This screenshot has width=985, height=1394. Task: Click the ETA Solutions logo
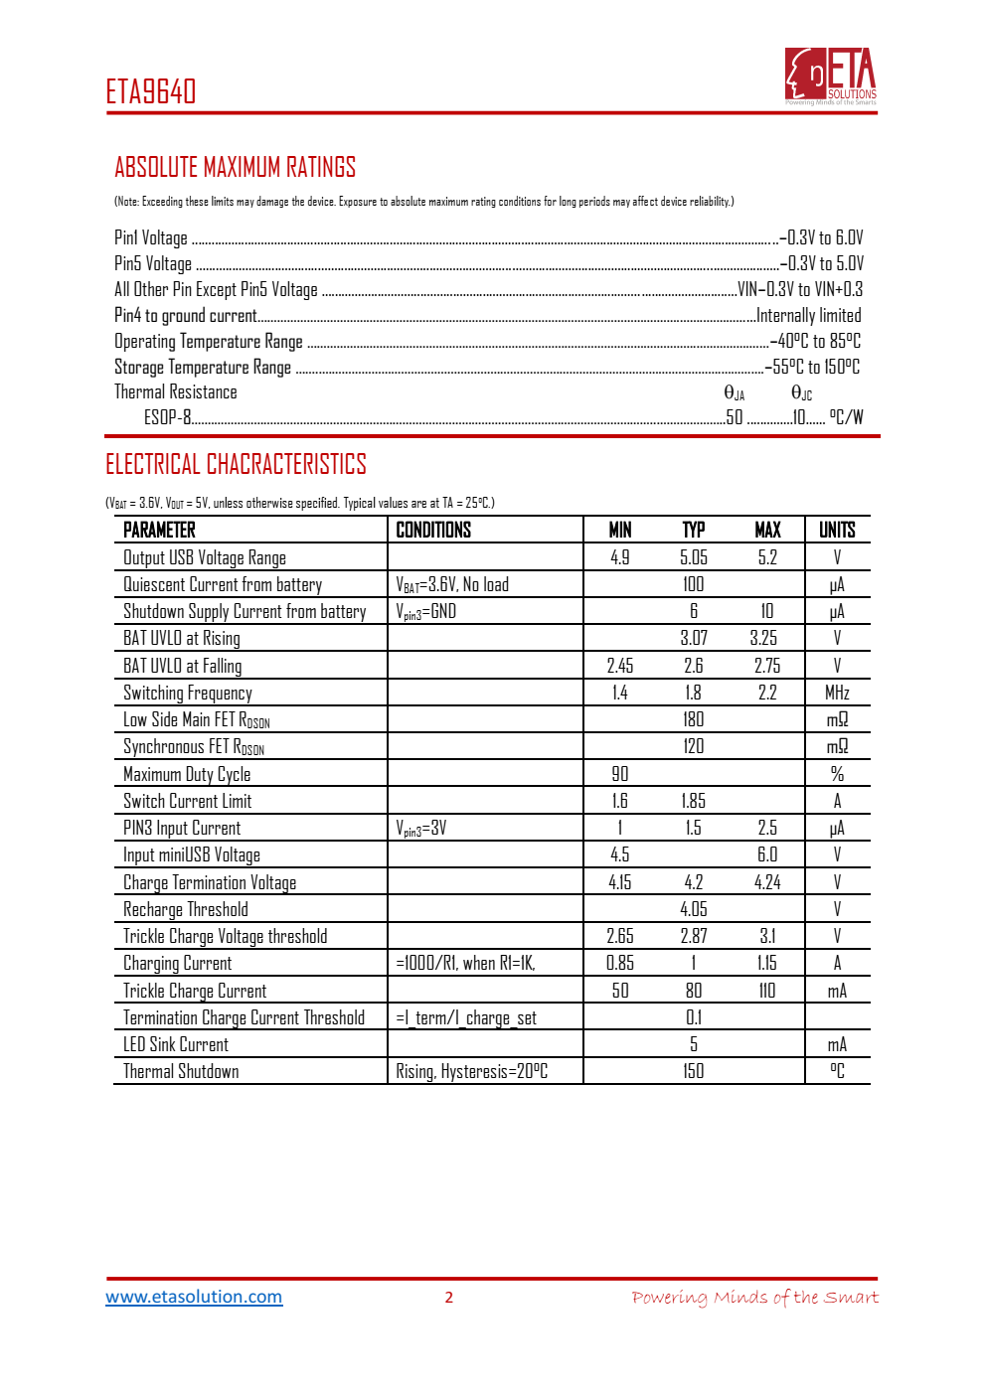point(831,76)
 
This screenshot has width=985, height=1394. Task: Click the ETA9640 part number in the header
point(151,91)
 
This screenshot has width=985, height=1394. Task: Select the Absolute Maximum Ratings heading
point(235,167)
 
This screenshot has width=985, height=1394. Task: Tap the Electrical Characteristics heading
point(236,464)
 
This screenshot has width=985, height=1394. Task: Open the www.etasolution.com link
point(194,1297)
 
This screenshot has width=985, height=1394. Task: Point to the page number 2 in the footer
point(449,1297)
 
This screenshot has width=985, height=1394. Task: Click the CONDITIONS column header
point(433,530)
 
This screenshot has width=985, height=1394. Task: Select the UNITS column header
point(837,530)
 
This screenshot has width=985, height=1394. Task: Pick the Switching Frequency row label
point(188,693)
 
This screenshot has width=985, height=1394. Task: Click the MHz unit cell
point(837,693)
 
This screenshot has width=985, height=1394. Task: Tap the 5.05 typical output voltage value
point(694,557)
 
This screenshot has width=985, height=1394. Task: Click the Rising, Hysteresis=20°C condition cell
point(472,1071)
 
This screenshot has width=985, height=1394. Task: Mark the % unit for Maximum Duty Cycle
point(837,774)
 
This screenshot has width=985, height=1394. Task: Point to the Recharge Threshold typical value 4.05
point(694,909)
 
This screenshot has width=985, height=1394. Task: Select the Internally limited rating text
point(809,315)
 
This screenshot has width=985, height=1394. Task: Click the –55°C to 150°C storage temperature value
point(812,367)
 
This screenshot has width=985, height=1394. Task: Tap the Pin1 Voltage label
point(151,237)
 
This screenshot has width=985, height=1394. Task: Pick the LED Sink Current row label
point(176,1044)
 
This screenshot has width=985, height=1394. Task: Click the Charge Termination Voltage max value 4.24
point(767,882)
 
